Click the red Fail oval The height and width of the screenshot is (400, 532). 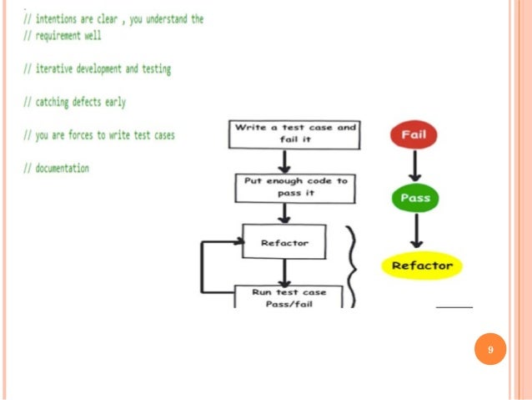[414, 135]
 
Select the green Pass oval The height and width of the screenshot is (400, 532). [414, 199]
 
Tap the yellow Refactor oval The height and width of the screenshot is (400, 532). [422, 266]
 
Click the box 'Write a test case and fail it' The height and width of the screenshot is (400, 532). [294, 134]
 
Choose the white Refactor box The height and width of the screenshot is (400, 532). [284, 243]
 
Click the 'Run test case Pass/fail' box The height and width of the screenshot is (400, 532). [289, 297]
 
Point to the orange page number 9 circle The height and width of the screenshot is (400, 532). [490, 349]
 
